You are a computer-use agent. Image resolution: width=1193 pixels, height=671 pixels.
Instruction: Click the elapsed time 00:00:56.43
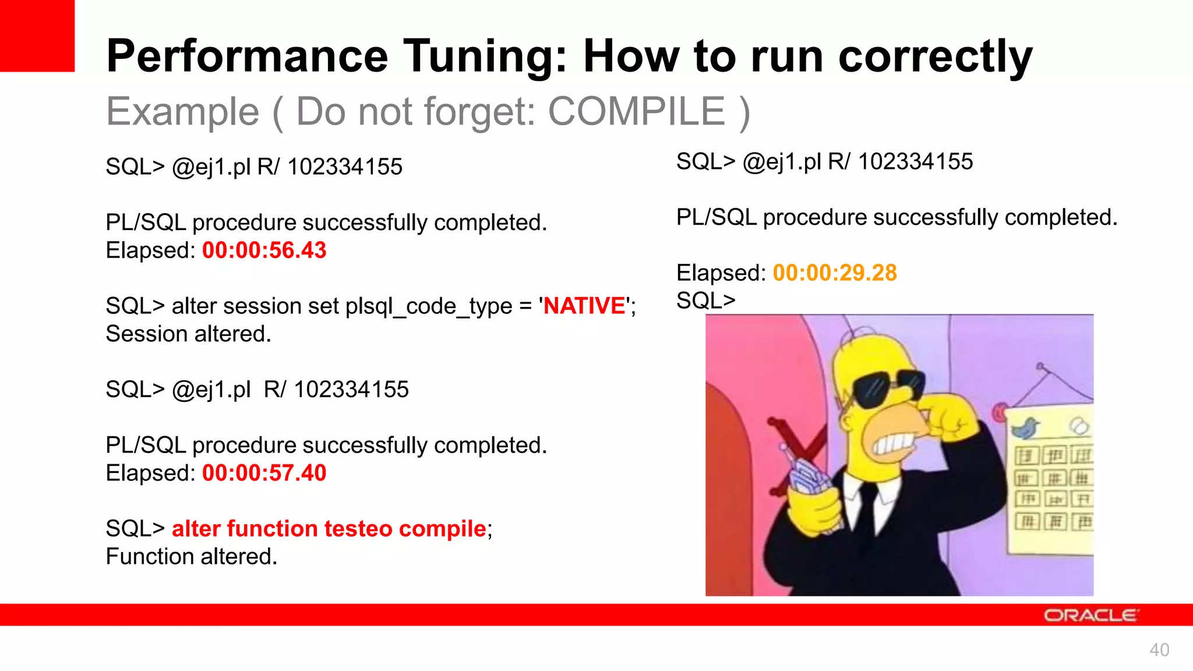(x=264, y=250)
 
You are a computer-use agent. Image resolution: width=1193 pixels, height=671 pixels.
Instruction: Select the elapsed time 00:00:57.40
(x=264, y=473)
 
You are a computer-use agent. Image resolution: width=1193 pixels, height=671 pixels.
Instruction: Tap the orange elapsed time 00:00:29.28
(x=834, y=273)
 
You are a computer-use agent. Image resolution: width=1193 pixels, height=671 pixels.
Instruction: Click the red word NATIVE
(x=584, y=306)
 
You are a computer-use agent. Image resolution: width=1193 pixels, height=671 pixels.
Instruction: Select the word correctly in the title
(x=935, y=56)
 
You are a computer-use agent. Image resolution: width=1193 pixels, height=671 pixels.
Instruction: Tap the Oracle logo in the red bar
(x=1090, y=616)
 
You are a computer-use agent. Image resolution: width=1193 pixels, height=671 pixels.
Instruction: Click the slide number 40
(x=1159, y=650)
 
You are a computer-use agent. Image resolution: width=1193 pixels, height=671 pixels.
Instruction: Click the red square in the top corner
(x=37, y=35)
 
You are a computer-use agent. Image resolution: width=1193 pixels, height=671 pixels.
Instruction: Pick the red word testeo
(x=358, y=529)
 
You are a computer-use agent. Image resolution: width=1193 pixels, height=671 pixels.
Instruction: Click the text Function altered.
(x=191, y=557)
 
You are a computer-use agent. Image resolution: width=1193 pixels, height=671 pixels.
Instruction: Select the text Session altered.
(x=188, y=334)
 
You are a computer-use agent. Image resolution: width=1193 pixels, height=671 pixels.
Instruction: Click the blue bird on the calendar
(x=1026, y=428)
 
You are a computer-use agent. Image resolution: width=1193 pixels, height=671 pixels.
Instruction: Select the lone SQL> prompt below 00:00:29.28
(x=705, y=301)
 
